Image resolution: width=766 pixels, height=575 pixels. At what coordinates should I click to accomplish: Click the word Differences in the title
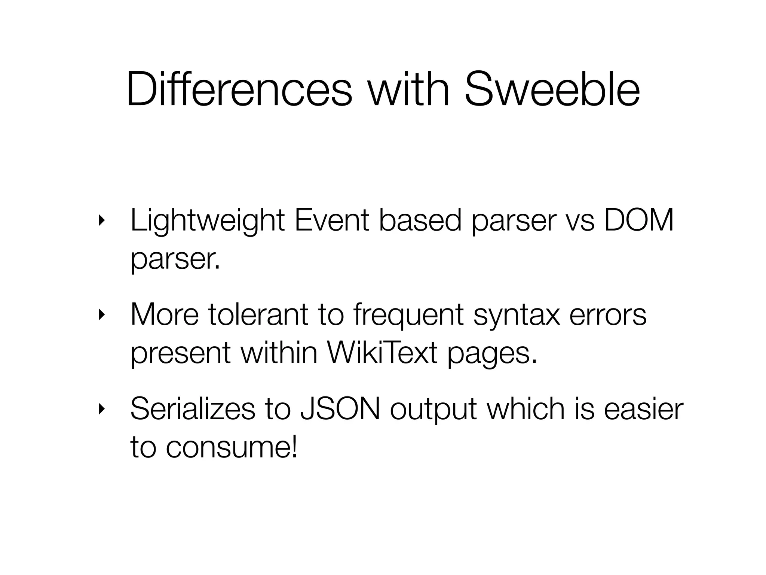[239, 90]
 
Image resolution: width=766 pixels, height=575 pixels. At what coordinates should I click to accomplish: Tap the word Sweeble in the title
[552, 90]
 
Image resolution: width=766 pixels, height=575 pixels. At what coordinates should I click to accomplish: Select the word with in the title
[408, 90]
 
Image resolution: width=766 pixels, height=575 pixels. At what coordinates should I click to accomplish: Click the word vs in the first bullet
[580, 222]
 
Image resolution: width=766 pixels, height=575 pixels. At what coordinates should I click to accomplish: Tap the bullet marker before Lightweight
[100, 221]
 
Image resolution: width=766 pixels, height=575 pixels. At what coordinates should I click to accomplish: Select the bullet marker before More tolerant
[100, 315]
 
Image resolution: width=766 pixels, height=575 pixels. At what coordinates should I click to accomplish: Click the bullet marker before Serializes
[100, 409]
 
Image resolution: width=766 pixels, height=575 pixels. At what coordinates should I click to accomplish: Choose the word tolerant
[258, 315]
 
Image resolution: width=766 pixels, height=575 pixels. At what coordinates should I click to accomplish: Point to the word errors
[608, 315]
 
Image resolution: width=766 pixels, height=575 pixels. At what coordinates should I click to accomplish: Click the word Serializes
[193, 409]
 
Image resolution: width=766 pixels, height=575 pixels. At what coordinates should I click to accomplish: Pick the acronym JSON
[340, 409]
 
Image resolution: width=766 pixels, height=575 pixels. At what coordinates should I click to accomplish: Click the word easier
[644, 409]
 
